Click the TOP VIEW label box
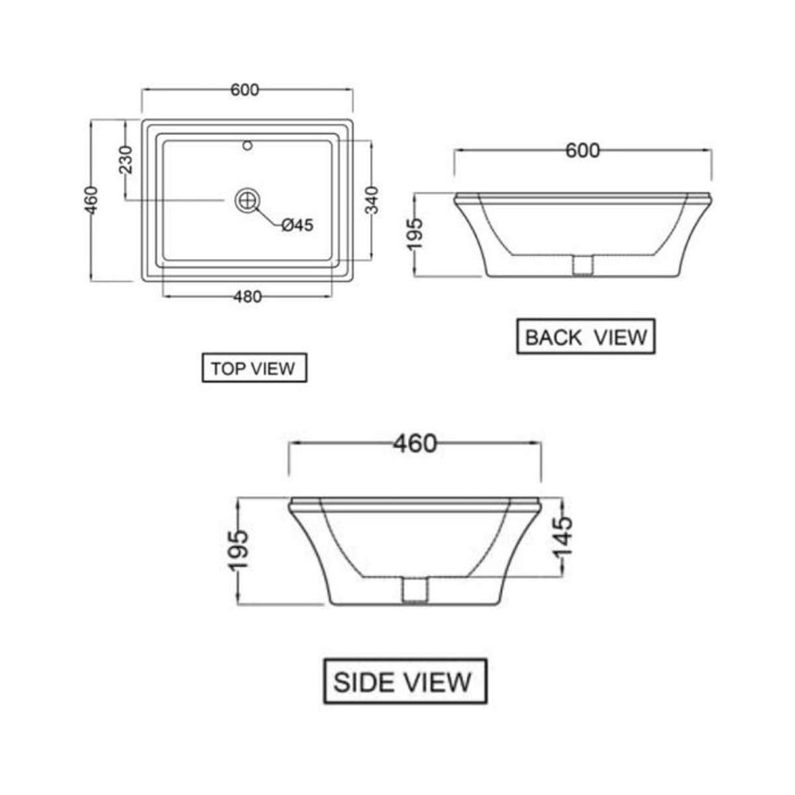[x=254, y=368]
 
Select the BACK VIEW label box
[x=586, y=337]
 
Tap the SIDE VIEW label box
[x=405, y=681]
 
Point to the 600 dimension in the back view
[x=582, y=150]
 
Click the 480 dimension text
[x=248, y=297]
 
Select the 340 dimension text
[x=372, y=200]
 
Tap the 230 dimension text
[x=125, y=160]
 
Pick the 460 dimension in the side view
[x=415, y=443]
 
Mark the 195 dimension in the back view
[x=414, y=234]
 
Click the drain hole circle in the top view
[x=246, y=199]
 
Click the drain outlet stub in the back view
[x=582, y=265]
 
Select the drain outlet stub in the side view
[x=415, y=590]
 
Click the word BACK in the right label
[x=553, y=337]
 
